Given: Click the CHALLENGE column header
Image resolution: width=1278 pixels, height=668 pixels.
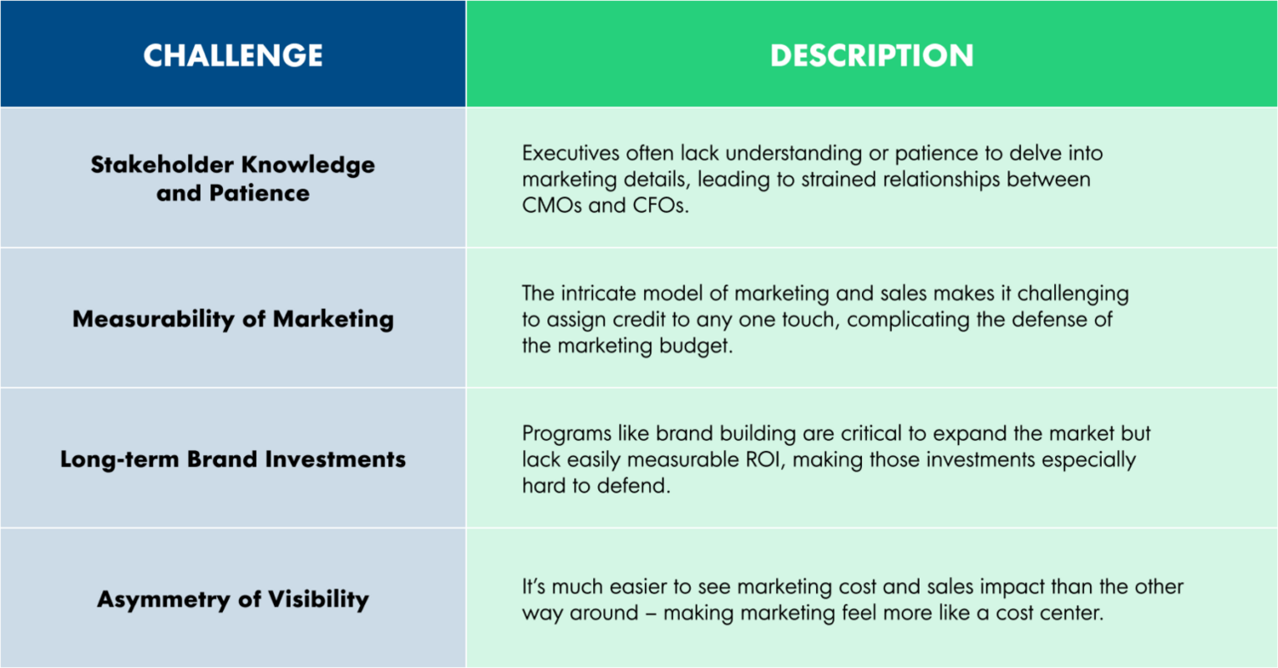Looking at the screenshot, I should click(x=232, y=55).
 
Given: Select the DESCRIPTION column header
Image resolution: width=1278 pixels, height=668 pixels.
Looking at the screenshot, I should click(x=871, y=55).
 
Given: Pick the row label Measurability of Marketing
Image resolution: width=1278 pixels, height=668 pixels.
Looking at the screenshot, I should click(x=232, y=319).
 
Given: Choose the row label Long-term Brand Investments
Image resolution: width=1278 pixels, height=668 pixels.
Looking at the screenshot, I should click(x=232, y=459).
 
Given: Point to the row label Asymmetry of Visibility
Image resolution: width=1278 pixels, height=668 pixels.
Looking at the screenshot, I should click(x=232, y=600).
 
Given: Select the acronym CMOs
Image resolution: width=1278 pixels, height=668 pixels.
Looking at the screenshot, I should click(x=551, y=205).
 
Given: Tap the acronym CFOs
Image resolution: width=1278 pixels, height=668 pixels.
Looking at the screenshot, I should click(x=660, y=205).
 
